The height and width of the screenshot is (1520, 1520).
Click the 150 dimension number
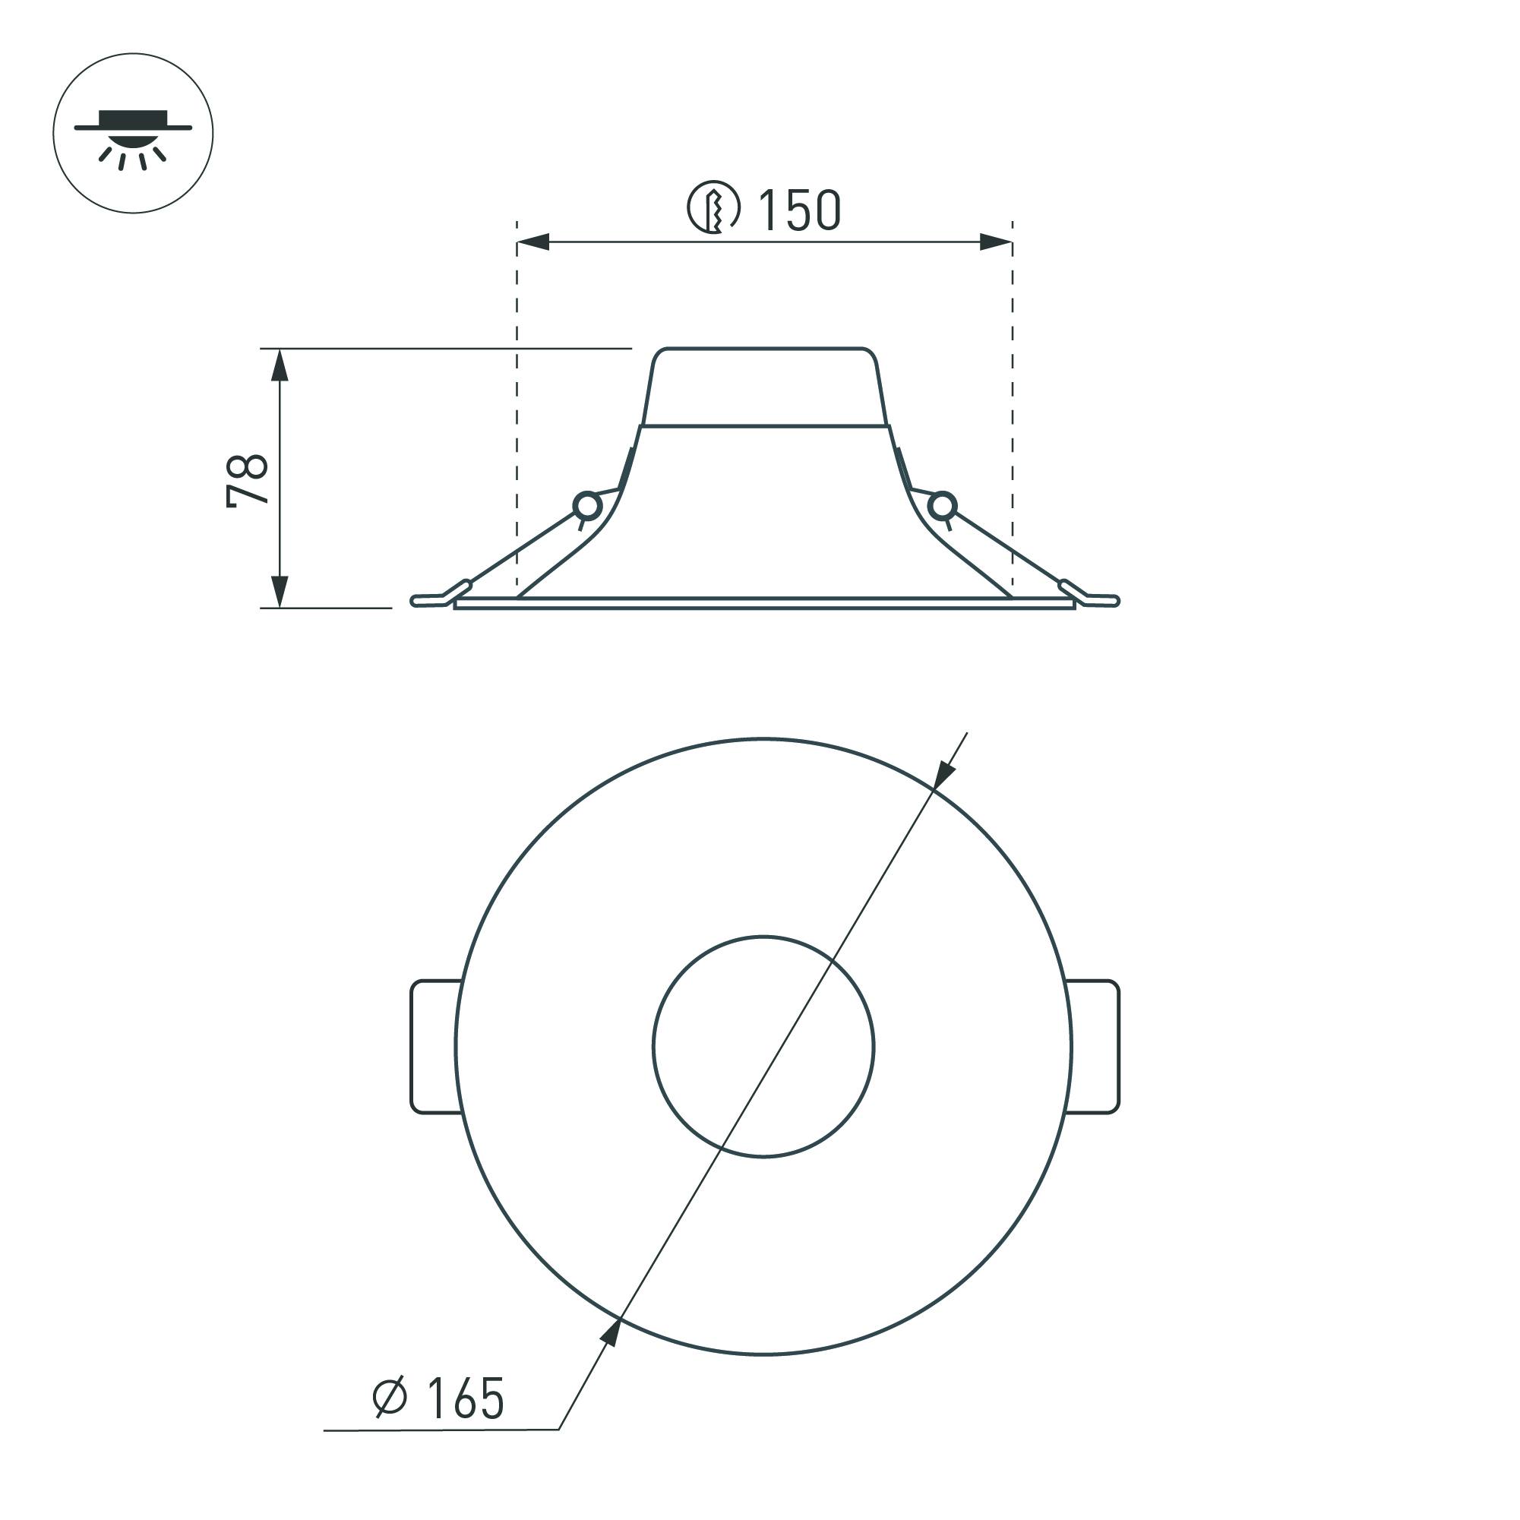(x=798, y=211)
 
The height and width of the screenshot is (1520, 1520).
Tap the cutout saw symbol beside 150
(x=713, y=208)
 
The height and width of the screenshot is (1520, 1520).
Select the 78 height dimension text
(x=247, y=479)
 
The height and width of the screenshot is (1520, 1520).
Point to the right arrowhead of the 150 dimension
(x=995, y=242)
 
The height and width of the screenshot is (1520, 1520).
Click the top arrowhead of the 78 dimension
(x=280, y=365)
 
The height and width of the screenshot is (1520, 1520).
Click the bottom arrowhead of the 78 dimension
(x=280, y=590)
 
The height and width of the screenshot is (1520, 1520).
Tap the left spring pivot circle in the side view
(x=587, y=506)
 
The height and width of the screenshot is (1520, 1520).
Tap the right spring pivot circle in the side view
(x=942, y=506)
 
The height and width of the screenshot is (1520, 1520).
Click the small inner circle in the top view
(x=763, y=1047)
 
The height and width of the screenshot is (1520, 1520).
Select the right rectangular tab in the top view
(x=1095, y=1047)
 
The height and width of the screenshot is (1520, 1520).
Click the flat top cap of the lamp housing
(x=763, y=386)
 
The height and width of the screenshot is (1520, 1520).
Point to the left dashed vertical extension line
(x=517, y=409)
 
